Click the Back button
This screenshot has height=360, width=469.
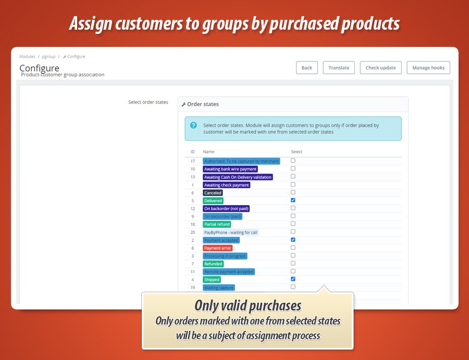306,68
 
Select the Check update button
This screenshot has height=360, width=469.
380,68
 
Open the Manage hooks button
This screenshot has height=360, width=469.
428,68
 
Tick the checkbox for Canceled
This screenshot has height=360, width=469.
293,192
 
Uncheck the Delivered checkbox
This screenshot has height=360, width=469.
293,200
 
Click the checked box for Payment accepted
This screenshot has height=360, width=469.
293,240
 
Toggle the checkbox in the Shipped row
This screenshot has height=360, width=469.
293,279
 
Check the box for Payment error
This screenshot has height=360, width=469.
293,247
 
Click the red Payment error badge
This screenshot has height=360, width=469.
217,248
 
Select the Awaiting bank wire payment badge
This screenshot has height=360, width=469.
230,169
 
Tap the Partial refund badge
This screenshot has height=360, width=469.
217,224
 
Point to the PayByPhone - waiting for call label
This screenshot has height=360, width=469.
231,232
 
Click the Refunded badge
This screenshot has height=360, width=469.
213,264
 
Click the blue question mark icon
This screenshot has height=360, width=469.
193,125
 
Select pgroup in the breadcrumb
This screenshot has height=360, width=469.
48,56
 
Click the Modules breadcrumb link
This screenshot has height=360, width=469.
27,56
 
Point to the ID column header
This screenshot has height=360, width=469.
193,152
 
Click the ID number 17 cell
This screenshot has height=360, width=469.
193,161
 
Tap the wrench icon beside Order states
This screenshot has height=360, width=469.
183,104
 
